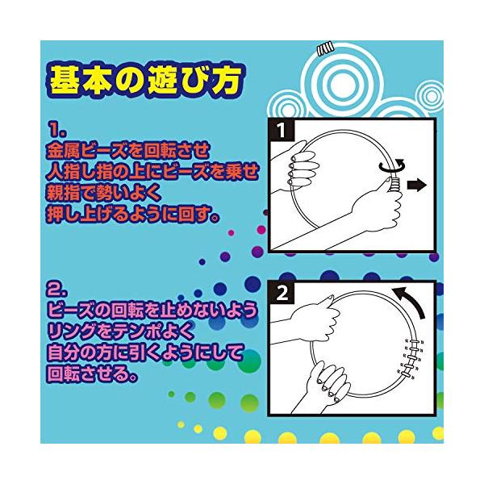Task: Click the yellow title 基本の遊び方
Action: coord(144,80)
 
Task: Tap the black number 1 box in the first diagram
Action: coord(282,130)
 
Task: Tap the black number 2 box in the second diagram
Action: coord(282,293)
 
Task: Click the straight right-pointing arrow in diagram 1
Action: coord(417,186)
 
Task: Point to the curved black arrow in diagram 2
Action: coord(411,300)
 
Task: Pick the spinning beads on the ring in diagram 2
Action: coord(412,357)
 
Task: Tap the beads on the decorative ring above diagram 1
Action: coord(325,48)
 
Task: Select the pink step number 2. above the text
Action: coord(58,290)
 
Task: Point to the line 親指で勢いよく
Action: coord(104,193)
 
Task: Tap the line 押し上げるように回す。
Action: coord(133,214)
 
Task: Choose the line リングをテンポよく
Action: coord(121,331)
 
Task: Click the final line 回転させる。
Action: coord(92,373)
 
